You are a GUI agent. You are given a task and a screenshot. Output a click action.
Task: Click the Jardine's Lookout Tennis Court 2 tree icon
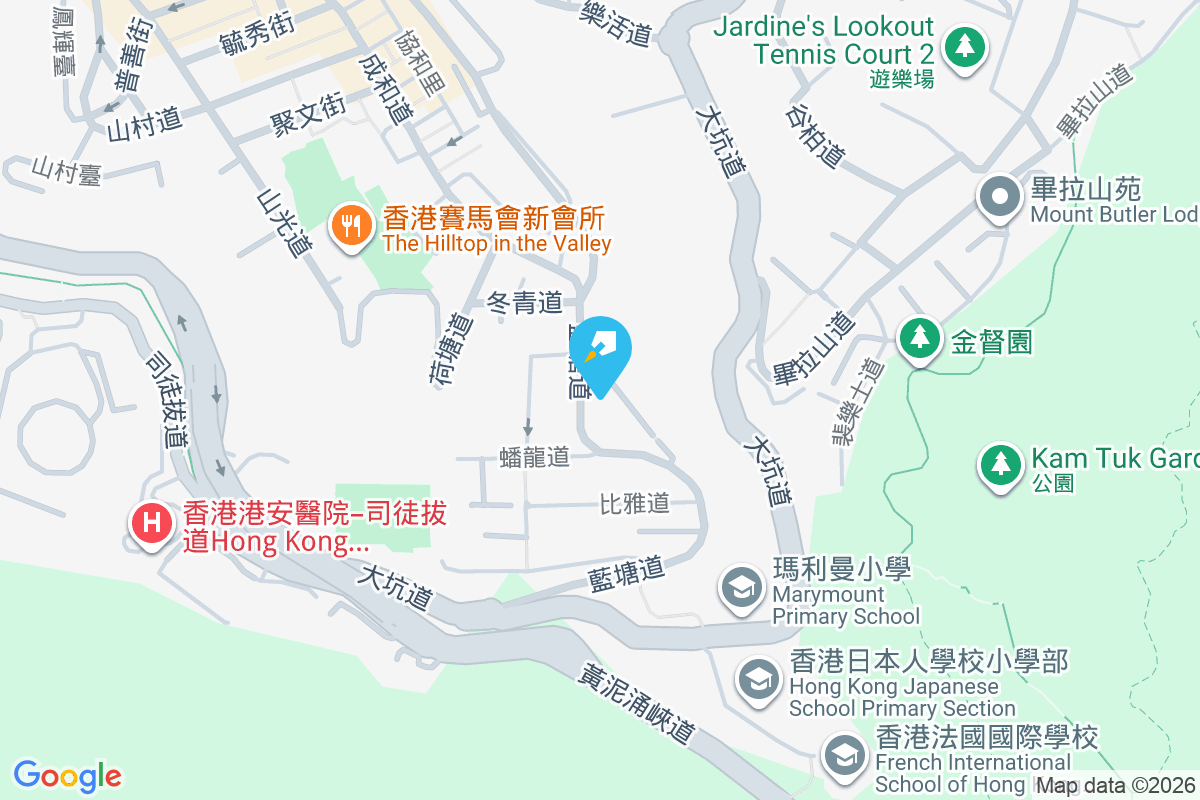pyautogui.click(x=964, y=46)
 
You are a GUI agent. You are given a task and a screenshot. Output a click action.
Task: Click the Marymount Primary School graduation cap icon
pyautogui.click(x=742, y=585)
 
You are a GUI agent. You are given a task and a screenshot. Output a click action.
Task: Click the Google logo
pyautogui.click(x=68, y=776)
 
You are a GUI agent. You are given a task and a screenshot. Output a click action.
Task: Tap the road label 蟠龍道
pyautogui.click(x=534, y=457)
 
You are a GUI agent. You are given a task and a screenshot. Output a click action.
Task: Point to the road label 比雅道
pyautogui.click(x=634, y=503)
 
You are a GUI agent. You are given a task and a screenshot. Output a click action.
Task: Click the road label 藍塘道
pyautogui.click(x=627, y=575)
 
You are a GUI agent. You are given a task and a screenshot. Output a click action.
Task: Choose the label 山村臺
pyautogui.click(x=67, y=171)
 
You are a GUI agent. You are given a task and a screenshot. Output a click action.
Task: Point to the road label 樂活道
pyautogui.click(x=616, y=23)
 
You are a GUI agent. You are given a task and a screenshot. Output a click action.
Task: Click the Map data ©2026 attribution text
pyautogui.click(x=1115, y=786)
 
